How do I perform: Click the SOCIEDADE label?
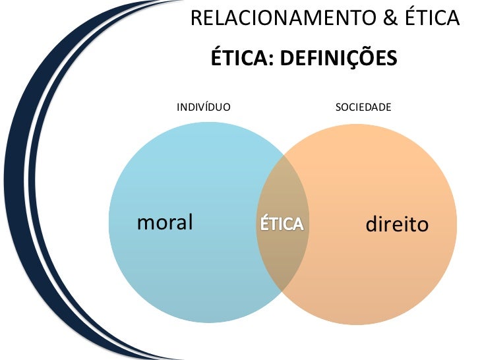[363, 106]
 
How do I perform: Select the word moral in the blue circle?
[164, 222]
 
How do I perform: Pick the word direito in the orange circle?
[397, 225]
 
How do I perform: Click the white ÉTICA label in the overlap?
[282, 224]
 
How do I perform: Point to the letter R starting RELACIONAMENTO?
[196, 19]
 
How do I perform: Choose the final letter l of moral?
[190, 222]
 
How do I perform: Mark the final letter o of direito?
[423, 227]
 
